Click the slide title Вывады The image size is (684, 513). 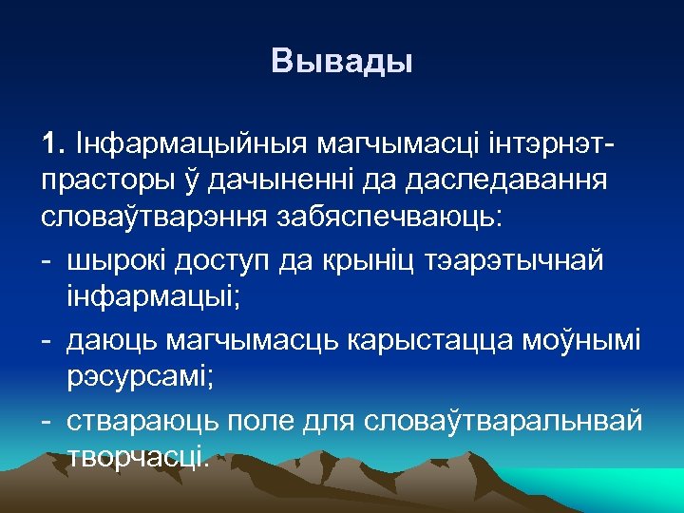[342, 63]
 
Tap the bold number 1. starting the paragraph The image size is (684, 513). [51, 144]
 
